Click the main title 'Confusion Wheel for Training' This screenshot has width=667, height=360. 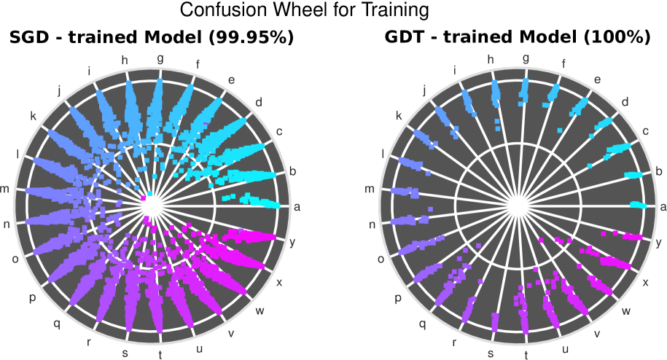click(304, 10)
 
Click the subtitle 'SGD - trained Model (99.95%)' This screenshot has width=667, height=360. click(152, 36)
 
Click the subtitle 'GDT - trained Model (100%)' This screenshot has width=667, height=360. click(517, 36)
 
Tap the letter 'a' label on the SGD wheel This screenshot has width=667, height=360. click(296, 207)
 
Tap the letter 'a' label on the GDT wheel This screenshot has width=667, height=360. click(663, 207)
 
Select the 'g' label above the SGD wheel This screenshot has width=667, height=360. click(160, 58)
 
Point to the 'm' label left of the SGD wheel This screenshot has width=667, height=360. click(4, 189)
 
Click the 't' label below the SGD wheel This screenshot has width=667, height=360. click(160, 356)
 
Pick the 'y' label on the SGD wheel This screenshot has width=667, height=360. click(292, 242)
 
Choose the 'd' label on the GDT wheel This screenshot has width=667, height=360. click(625, 101)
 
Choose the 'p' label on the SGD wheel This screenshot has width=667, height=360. click(32, 297)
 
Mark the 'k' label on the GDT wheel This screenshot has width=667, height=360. click(398, 116)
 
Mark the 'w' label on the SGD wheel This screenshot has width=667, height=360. click(259, 311)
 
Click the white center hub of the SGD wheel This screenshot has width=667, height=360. click(151, 207)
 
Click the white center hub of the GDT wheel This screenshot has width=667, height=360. click(517, 207)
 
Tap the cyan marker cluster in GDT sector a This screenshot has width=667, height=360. click(638, 205)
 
